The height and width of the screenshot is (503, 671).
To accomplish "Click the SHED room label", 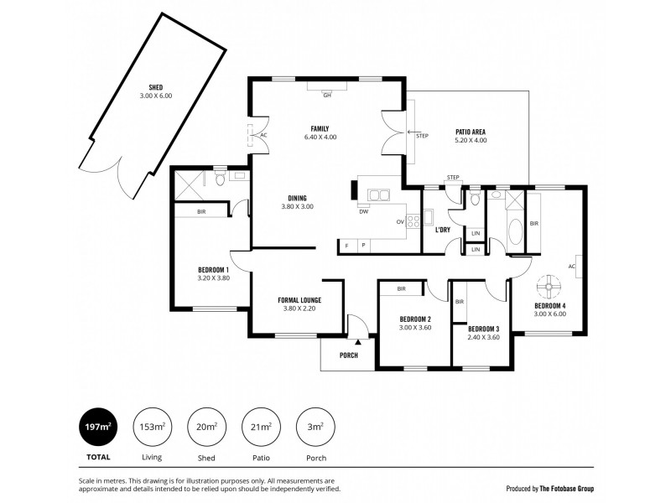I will tap(155, 87).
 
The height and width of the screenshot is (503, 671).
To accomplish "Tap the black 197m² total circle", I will tap(97, 427).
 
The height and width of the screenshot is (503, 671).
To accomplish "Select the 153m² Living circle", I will tap(151, 427).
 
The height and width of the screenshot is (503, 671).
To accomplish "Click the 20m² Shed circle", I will tap(206, 427).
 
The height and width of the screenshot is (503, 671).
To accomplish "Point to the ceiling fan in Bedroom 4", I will tap(551, 288).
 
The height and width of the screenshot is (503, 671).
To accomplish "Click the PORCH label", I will tap(348, 355).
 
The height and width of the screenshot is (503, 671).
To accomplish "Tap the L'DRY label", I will tap(443, 228).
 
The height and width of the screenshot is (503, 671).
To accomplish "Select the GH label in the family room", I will tap(327, 95).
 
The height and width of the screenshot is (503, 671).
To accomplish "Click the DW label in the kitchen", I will tap(363, 211).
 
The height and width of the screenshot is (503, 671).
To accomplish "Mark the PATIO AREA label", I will tap(471, 132).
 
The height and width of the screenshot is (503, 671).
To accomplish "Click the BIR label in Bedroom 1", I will tap(201, 212).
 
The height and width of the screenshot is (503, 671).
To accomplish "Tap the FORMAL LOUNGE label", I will tap(299, 300).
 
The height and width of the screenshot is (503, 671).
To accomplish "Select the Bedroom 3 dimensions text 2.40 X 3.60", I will tap(483, 337).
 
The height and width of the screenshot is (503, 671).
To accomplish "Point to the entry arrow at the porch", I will tap(358, 342).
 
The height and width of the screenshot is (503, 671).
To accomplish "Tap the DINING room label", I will tap(296, 198).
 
